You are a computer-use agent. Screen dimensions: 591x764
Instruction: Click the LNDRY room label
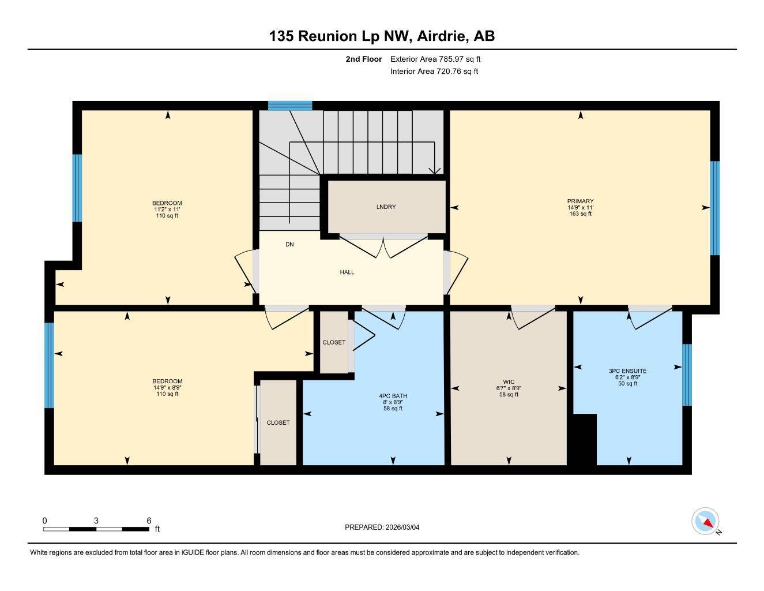pos(386,207)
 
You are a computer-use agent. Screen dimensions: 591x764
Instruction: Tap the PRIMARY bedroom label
pos(580,201)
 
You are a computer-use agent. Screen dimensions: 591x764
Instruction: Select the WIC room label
pos(508,381)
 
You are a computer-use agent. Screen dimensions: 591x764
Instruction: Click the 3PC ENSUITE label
pos(627,371)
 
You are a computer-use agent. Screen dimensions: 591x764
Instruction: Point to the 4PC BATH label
pos(393,396)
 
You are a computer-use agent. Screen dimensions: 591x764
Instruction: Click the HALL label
pos(347,272)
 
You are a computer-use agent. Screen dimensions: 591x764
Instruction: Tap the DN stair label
pos(289,245)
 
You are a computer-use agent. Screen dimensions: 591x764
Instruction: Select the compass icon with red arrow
pos(705,521)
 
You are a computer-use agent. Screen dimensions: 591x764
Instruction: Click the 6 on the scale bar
pos(149,521)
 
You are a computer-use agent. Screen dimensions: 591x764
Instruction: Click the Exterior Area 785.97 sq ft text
pos(435,59)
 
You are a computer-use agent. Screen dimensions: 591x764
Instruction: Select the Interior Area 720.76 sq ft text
pos(434,72)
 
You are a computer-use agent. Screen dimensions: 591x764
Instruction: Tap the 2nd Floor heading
pos(363,59)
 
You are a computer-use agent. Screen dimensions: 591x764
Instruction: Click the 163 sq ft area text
pos(580,214)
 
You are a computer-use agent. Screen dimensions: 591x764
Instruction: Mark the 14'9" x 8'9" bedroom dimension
pos(167,388)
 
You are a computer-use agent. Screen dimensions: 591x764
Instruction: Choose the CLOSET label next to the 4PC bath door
pos(334,342)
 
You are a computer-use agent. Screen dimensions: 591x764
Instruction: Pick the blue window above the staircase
pos(290,105)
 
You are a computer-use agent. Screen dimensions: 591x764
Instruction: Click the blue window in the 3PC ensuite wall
pos(686,375)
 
